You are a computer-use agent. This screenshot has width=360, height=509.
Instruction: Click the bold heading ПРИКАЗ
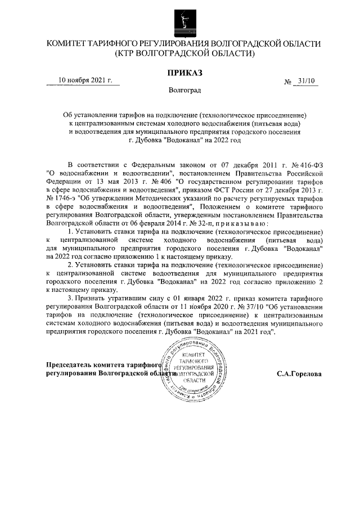pos(183,72)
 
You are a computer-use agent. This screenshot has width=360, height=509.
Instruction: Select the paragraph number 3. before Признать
pos(70,298)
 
